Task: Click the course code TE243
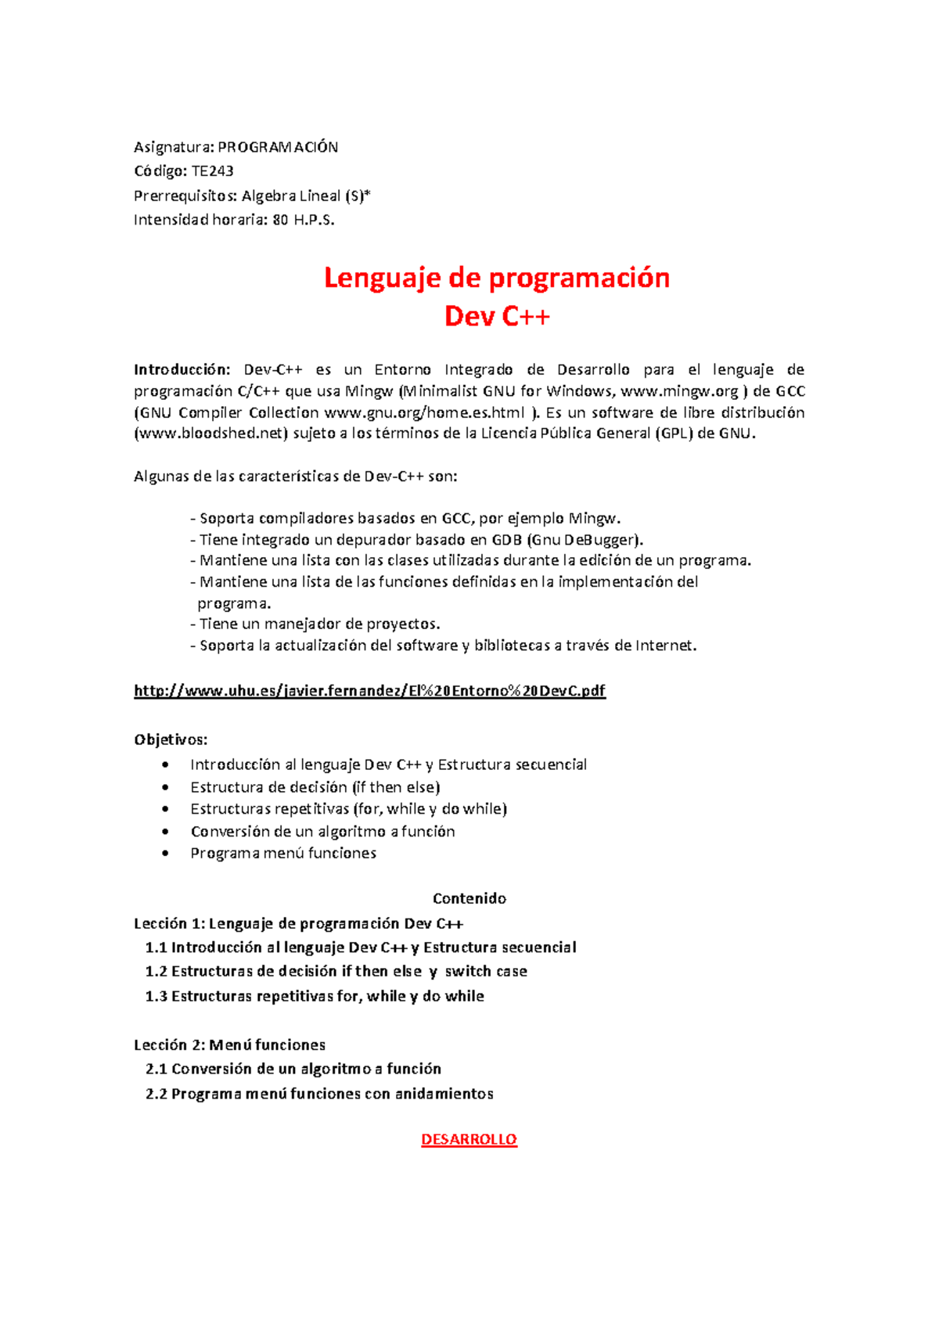point(213,171)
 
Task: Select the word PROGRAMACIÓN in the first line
point(278,147)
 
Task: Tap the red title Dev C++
point(497,317)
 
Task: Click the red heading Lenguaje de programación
point(497,278)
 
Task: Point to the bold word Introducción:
point(182,369)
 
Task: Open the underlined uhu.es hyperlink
point(369,690)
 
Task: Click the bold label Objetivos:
point(171,739)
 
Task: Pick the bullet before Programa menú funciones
point(164,854)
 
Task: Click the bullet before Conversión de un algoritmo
point(164,832)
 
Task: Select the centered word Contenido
point(469,898)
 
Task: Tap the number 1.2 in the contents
point(156,972)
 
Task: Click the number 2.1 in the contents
point(156,1069)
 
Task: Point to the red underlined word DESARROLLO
point(469,1139)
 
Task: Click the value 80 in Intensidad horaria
point(279,220)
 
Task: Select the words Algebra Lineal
point(291,196)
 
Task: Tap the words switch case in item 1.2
point(486,972)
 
